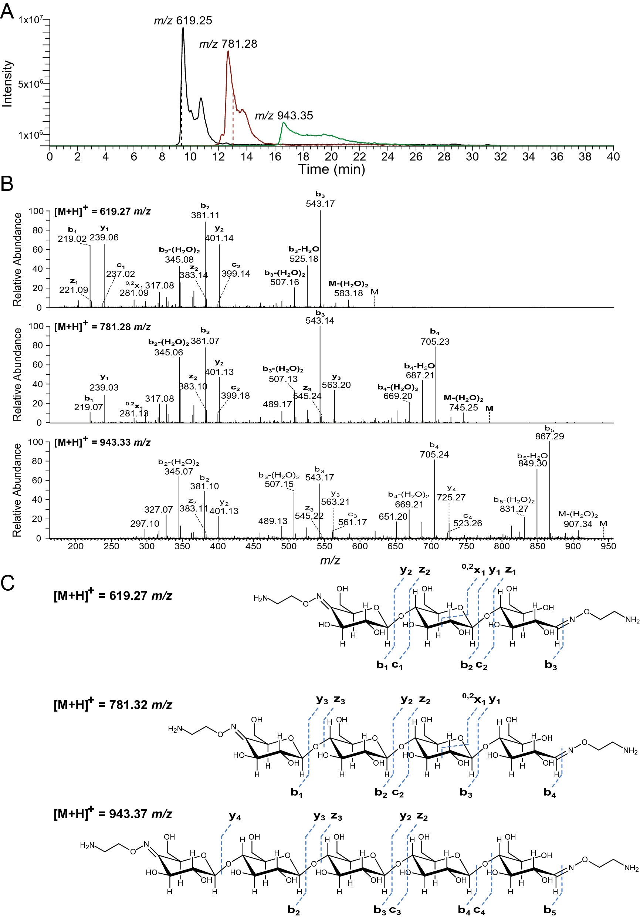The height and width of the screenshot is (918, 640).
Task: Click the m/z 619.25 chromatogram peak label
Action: (x=183, y=20)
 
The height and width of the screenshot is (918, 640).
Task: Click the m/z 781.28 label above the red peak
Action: (x=228, y=44)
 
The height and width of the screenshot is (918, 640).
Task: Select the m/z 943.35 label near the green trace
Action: (x=284, y=115)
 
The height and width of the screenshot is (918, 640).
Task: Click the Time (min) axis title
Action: (x=331, y=169)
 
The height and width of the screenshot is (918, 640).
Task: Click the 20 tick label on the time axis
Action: (x=331, y=157)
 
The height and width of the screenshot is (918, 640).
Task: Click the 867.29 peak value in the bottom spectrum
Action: (x=549, y=436)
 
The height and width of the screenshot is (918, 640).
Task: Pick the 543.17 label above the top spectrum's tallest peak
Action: (x=320, y=203)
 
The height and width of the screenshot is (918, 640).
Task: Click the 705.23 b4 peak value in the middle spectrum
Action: (x=434, y=341)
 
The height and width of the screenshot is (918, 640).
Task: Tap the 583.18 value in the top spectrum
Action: (x=348, y=293)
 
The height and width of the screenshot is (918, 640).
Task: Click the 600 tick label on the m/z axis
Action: (x=359, y=546)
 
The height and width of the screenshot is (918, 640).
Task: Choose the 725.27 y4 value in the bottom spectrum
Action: (x=451, y=497)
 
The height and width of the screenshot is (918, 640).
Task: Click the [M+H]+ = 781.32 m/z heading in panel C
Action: (x=113, y=704)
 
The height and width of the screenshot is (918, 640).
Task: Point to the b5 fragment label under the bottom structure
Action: (x=550, y=910)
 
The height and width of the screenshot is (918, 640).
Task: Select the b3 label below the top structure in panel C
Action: (x=551, y=665)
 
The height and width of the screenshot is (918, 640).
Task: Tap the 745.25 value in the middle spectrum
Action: (x=463, y=408)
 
